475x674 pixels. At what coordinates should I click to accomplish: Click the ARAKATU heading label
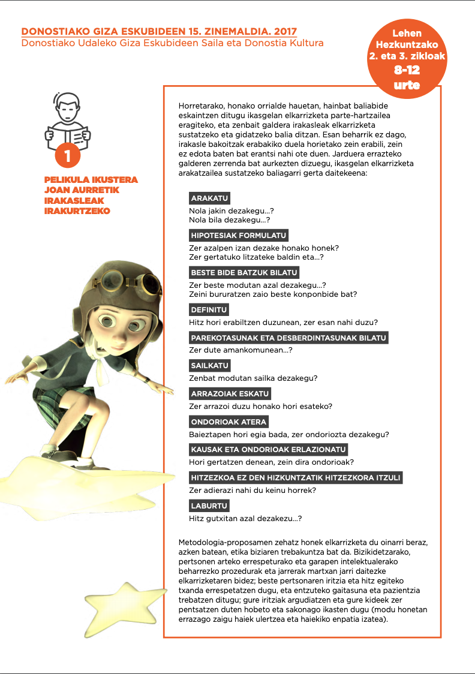coord(209,198)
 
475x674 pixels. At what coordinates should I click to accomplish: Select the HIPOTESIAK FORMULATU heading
coord(239,235)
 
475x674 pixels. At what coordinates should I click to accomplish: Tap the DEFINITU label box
coord(209,310)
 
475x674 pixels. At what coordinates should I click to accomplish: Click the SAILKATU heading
coord(210,366)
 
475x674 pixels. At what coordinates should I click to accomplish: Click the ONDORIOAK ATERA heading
coord(229,422)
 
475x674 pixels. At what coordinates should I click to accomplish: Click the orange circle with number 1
coord(68,157)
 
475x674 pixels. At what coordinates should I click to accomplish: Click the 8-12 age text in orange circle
coord(407,70)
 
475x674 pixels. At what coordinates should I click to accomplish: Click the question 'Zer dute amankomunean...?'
coord(240,350)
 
